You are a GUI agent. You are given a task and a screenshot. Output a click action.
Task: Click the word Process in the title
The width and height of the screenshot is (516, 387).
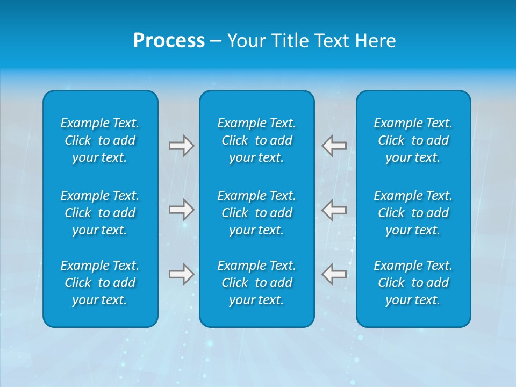click(169, 41)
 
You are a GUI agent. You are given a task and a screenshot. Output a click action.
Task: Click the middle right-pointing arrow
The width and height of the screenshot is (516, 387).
click(181, 210)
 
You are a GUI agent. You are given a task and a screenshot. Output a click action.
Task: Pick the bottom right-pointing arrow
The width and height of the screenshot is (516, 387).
click(181, 274)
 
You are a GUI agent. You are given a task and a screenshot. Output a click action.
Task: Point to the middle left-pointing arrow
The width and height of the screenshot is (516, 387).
click(334, 210)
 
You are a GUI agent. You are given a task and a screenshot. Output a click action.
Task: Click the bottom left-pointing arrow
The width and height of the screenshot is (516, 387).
click(334, 274)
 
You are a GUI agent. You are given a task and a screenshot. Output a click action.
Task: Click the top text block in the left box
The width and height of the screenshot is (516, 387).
click(100, 140)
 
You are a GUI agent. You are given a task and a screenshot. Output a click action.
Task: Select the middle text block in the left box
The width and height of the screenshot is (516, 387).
click(100, 213)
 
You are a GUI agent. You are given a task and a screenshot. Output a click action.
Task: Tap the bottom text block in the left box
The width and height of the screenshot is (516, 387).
click(100, 283)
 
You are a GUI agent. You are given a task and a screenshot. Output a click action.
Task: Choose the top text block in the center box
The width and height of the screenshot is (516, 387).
click(256, 140)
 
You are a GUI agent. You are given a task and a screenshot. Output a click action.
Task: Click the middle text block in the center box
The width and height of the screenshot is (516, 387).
click(256, 213)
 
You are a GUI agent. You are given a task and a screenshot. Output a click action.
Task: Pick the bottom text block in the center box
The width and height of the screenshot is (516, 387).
click(256, 283)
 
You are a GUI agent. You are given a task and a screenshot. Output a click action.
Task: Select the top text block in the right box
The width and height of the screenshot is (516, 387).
click(413, 140)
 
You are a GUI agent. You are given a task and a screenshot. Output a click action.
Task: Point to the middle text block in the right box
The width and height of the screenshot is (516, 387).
click(413, 213)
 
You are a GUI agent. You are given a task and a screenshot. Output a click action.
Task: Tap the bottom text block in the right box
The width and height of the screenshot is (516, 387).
click(413, 283)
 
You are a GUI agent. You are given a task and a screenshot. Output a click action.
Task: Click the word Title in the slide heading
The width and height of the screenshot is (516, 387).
click(290, 41)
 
